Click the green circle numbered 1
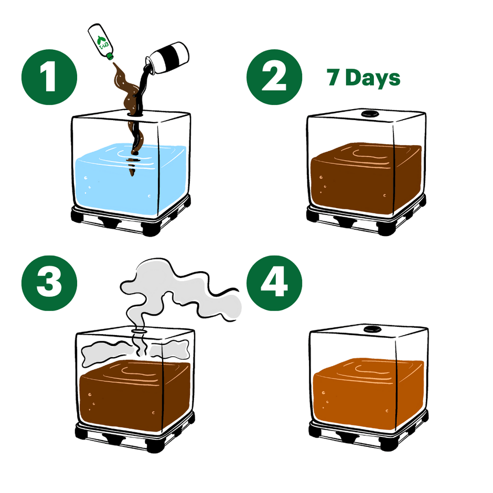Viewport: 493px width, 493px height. pyautogui.click(x=49, y=78)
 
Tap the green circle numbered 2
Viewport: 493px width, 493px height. pyautogui.click(x=274, y=78)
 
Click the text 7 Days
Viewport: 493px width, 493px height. pyautogui.click(x=363, y=78)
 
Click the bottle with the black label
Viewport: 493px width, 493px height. pyautogui.click(x=166, y=55)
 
